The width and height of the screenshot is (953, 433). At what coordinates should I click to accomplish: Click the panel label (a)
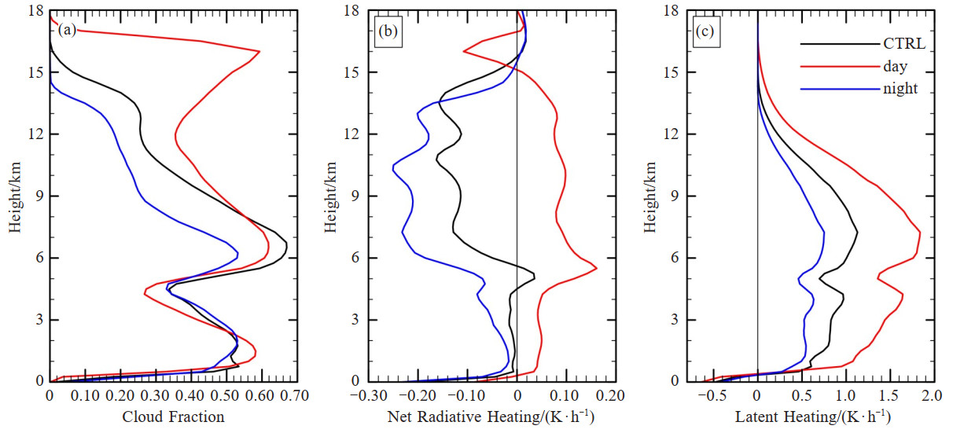tap(67, 31)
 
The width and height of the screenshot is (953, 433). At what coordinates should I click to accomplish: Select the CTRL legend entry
tap(897, 44)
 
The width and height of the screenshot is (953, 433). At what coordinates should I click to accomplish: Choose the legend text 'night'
tap(899, 89)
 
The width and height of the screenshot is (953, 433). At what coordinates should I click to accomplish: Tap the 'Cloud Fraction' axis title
tap(173, 416)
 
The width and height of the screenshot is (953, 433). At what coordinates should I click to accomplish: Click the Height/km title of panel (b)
tap(333, 196)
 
